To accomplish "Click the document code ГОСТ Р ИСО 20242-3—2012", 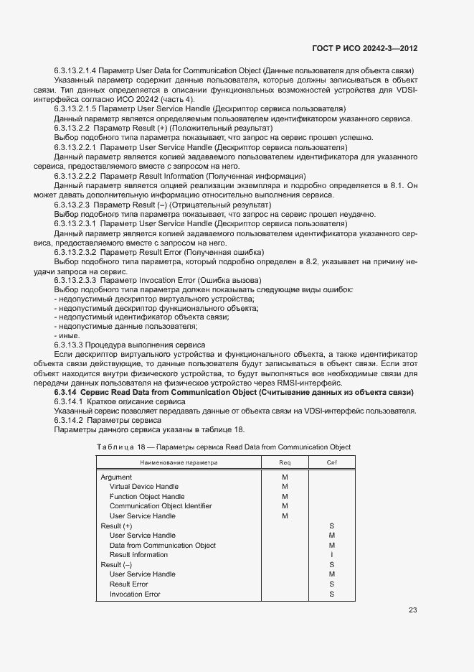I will [x=365, y=48].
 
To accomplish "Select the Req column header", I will [x=285, y=462].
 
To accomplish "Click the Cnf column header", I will [x=332, y=462].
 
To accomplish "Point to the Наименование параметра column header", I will [x=178, y=462].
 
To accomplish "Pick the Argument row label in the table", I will [x=116, y=477].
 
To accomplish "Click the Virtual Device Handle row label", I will [x=144, y=487].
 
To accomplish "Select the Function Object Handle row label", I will [x=147, y=497].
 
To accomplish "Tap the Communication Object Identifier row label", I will [x=161, y=506].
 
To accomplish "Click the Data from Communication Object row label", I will [x=163, y=545].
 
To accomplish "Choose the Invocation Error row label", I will [x=135, y=594].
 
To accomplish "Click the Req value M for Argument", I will [x=285, y=477].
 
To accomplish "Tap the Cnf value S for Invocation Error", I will [x=332, y=594].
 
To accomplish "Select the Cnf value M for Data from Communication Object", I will [x=332, y=545].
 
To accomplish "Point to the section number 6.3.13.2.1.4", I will [x=75, y=70].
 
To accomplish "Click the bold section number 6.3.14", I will [x=65, y=393].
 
